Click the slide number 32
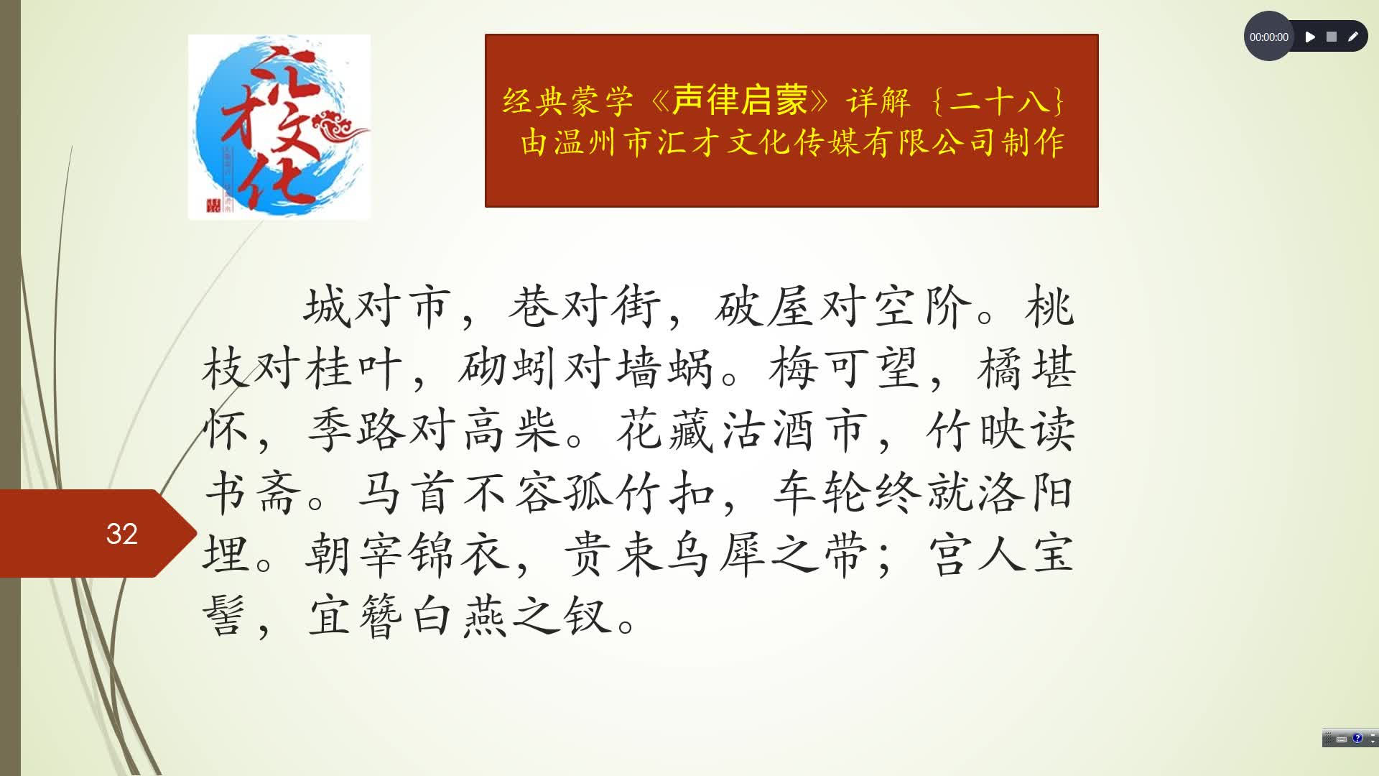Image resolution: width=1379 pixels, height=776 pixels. coord(121,534)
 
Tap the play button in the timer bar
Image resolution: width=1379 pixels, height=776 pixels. coord(1310,37)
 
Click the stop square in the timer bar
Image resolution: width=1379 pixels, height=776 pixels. coord(1332,37)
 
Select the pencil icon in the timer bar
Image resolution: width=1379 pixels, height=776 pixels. coord(1353,37)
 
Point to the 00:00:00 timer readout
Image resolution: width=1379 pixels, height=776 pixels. coord(1268,37)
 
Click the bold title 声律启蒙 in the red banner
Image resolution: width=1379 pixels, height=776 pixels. coord(740,100)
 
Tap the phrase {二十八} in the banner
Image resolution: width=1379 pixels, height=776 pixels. coord(998,101)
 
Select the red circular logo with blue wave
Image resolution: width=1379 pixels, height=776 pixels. coord(279,127)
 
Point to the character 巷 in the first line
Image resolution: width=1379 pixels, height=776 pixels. coord(531,307)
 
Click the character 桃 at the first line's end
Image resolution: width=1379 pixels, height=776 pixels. coord(1049,307)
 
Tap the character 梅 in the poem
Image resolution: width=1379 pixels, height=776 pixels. coord(793,369)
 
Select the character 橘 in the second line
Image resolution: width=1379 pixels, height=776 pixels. coord(999,369)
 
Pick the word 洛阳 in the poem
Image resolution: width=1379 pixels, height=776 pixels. coord(1024,493)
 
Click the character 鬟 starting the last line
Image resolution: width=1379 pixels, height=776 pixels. coord(225,616)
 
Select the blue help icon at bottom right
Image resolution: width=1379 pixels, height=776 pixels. coord(1357,738)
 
